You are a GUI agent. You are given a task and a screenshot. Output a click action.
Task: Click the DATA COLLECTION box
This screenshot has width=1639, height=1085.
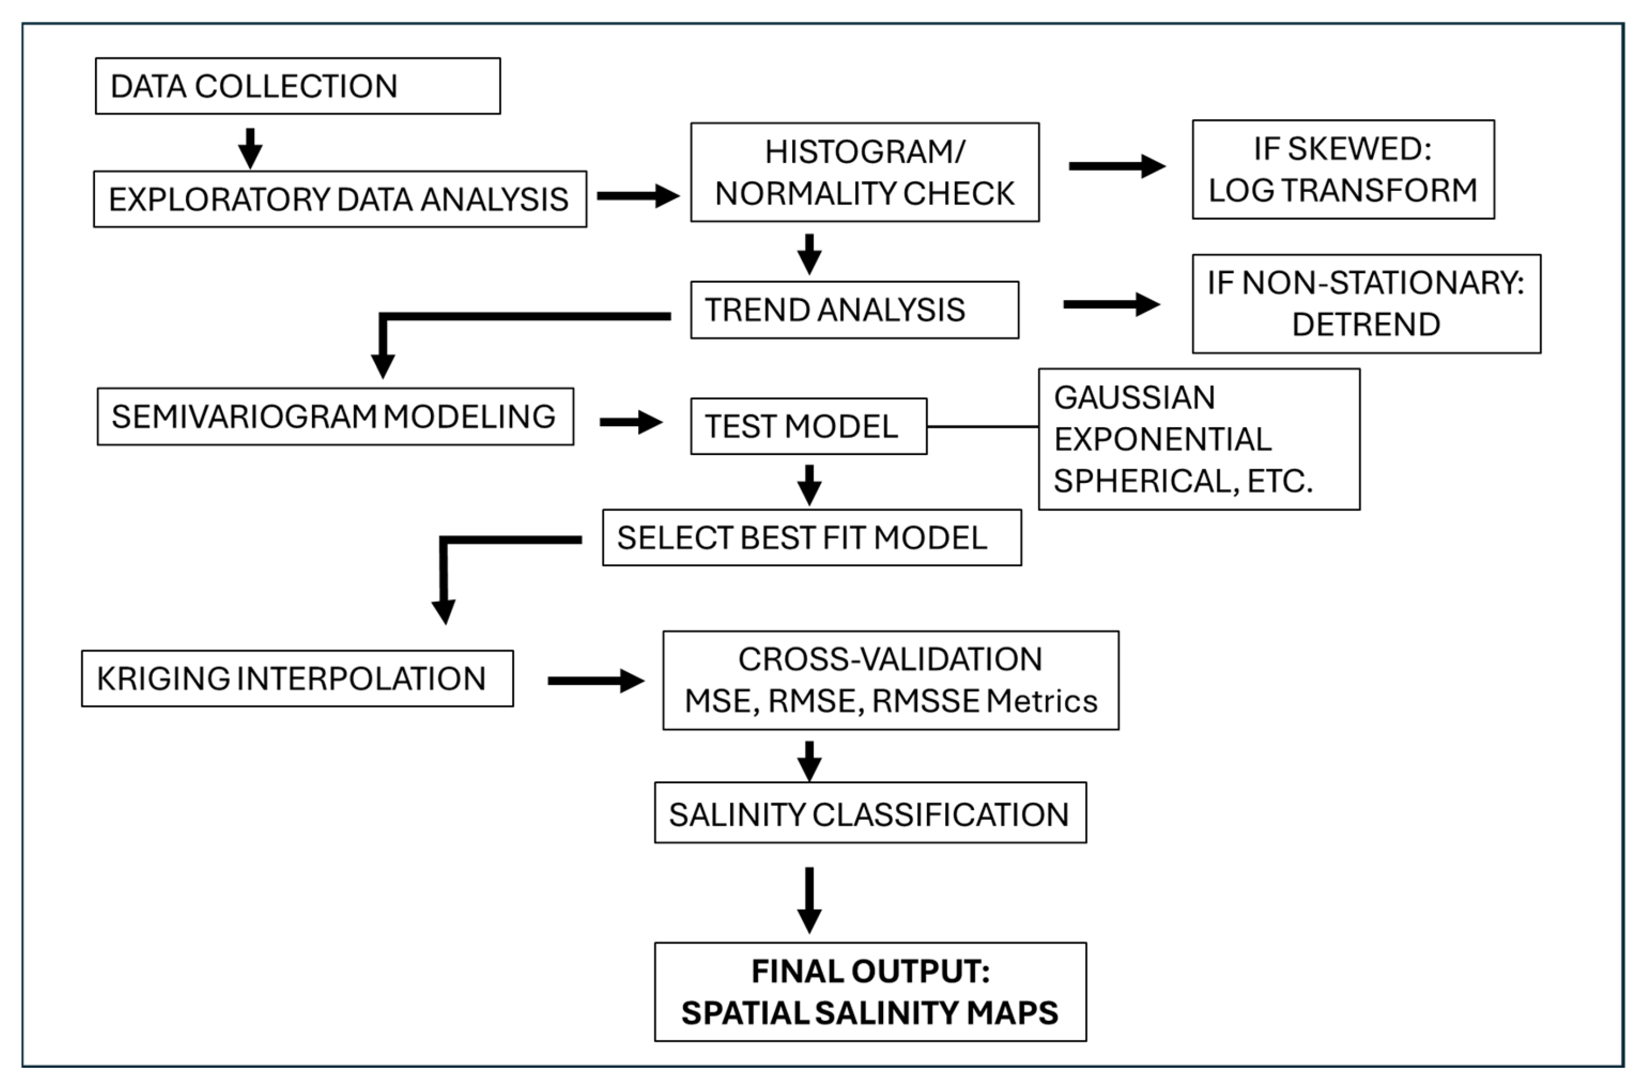298,86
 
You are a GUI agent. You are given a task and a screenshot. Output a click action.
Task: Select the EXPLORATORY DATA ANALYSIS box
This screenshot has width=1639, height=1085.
339,199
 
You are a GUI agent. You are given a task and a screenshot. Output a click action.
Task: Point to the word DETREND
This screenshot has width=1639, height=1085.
1366,324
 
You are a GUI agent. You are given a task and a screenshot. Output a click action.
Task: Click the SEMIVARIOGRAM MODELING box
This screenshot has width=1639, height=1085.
335,416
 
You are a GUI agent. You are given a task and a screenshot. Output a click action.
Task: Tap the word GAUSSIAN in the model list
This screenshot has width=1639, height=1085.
1134,397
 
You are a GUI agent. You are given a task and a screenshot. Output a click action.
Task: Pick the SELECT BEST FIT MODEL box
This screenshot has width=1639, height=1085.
811,537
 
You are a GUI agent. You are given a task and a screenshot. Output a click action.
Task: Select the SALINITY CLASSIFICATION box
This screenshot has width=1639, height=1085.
870,813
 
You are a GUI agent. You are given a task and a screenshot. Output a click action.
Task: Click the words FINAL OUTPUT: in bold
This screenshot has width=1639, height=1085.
870,971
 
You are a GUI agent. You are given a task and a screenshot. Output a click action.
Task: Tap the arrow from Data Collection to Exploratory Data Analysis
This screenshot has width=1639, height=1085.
250,147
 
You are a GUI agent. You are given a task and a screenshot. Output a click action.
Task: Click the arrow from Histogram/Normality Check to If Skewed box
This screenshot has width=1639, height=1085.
1116,166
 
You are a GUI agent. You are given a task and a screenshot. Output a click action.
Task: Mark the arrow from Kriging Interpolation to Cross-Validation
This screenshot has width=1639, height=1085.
595,681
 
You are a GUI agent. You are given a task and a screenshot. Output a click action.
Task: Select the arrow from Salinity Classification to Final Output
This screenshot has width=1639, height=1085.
809,900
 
